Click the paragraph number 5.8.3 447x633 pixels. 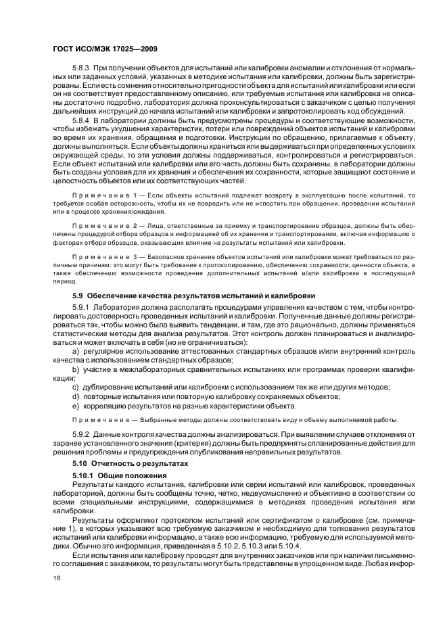click(81, 69)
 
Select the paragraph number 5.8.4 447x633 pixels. click(81, 120)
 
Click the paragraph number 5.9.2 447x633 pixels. click(81, 434)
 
